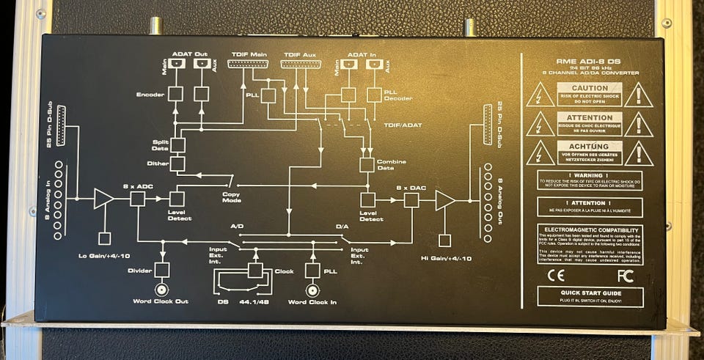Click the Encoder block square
point(175,94)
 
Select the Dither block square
point(177,164)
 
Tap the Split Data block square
point(177,144)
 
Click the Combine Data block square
point(367,164)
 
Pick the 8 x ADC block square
point(138,199)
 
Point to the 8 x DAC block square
point(411,199)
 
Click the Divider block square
point(161,270)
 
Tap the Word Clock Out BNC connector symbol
point(161,289)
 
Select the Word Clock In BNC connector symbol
point(312,290)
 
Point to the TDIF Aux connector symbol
point(300,64)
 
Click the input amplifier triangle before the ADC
point(103,199)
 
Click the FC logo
point(625,276)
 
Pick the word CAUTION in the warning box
point(590,88)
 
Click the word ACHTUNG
point(590,146)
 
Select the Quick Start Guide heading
point(590,292)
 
